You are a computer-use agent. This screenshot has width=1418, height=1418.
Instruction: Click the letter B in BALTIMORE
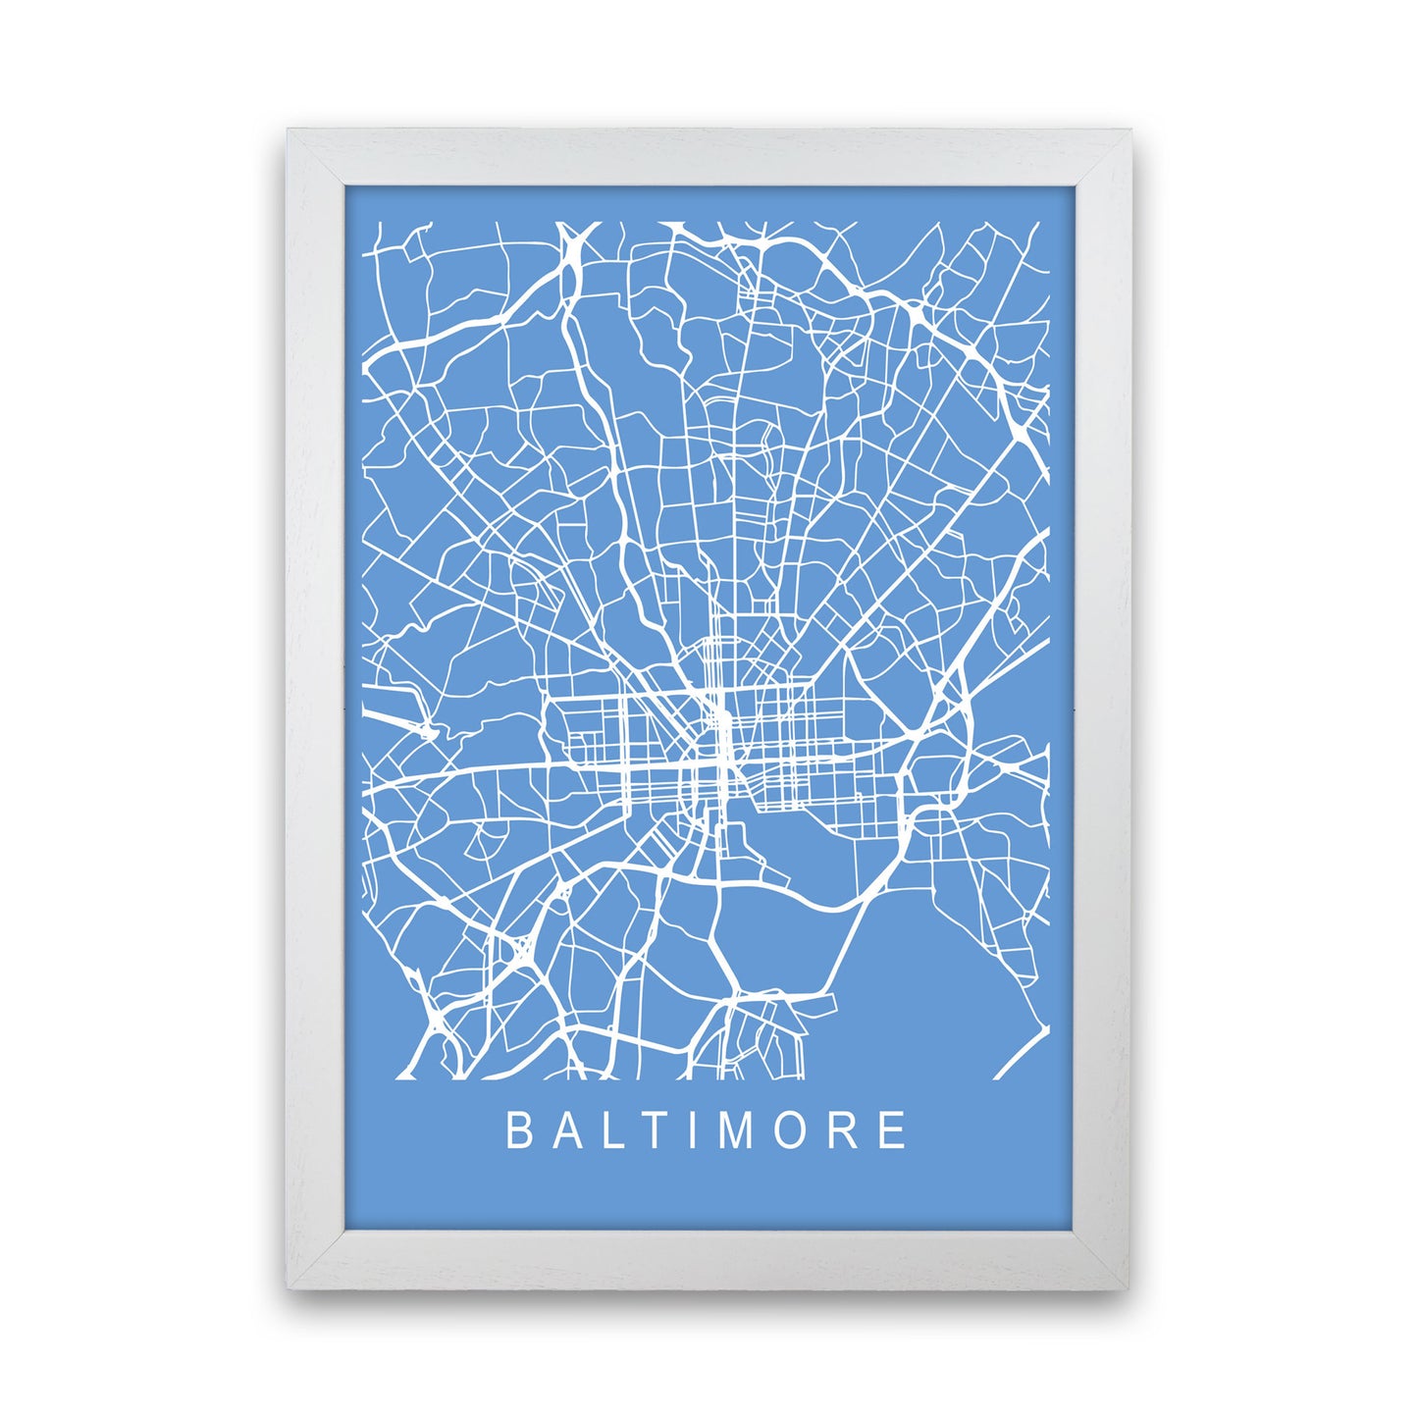[517, 1130]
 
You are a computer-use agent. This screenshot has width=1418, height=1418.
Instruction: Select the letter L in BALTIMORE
[616, 1130]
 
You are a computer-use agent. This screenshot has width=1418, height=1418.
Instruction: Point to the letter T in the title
[660, 1130]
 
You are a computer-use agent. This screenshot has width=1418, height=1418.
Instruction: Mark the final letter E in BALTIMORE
[894, 1130]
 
